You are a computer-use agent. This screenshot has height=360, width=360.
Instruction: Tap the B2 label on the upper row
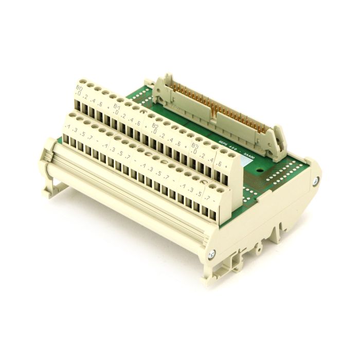pyautogui.click(x=155, y=125)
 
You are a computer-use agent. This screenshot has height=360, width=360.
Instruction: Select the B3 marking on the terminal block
pyautogui.click(x=196, y=146)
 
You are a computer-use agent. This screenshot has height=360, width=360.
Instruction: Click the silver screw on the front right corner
pyautogui.click(x=211, y=253)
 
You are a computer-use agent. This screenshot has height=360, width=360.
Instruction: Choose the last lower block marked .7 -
pyautogui.click(x=211, y=199)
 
